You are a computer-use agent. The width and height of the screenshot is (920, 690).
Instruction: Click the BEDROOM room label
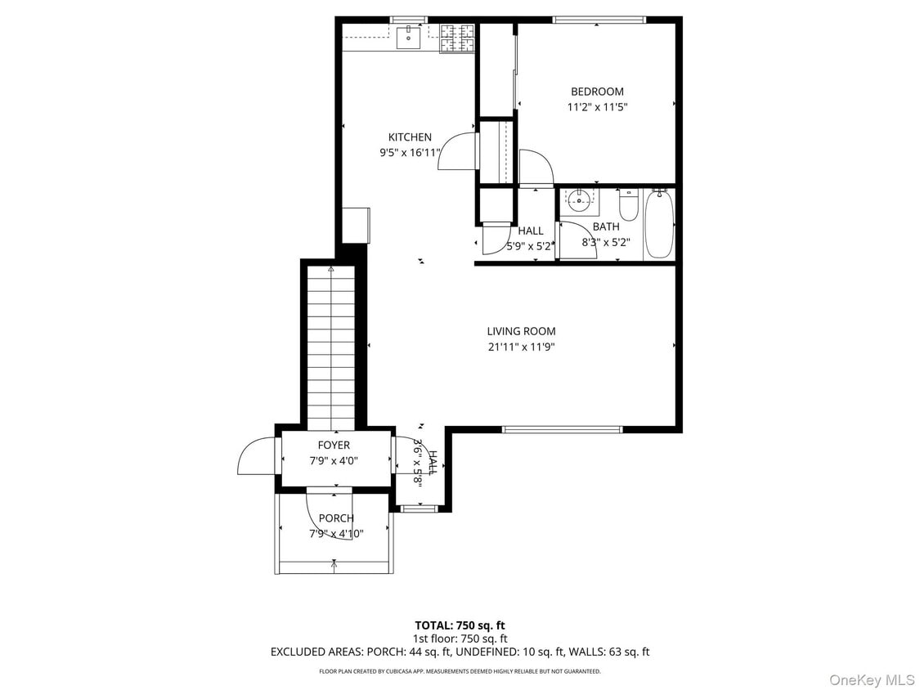click(x=597, y=92)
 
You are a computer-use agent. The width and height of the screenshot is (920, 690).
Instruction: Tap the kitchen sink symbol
click(x=408, y=38)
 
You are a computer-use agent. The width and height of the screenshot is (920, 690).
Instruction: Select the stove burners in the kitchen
click(x=457, y=38)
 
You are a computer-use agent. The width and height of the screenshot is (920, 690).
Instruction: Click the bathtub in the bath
click(x=659, y=224)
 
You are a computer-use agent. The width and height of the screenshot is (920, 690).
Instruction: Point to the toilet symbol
click(x=628, y=204)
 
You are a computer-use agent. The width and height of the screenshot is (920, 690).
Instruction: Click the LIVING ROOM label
click(x=521, y=331)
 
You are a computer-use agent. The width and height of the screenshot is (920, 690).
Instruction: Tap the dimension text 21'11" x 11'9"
click(x=521, y=347)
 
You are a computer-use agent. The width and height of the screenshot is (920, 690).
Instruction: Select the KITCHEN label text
click(x=410, y=137)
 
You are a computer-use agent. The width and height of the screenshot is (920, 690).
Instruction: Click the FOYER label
click(x=334, y=446)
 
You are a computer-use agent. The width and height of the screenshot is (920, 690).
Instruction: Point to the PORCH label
click(x=336, y=518)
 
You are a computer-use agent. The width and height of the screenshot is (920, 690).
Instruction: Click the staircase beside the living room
click(x=331, y=347)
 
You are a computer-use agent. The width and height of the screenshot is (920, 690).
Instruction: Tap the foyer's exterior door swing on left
click(x=257, y=458)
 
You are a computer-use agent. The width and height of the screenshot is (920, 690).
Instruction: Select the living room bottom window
click(x=562, y=428)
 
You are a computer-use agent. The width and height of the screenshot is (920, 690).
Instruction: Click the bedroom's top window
click(x=599, y=20)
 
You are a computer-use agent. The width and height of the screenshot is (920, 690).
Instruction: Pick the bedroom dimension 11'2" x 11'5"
click(x=597, y=107)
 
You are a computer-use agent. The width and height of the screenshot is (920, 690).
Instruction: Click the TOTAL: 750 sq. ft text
click(x=460, y=625)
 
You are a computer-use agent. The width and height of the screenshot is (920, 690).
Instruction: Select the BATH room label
click(x=606, y=226)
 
